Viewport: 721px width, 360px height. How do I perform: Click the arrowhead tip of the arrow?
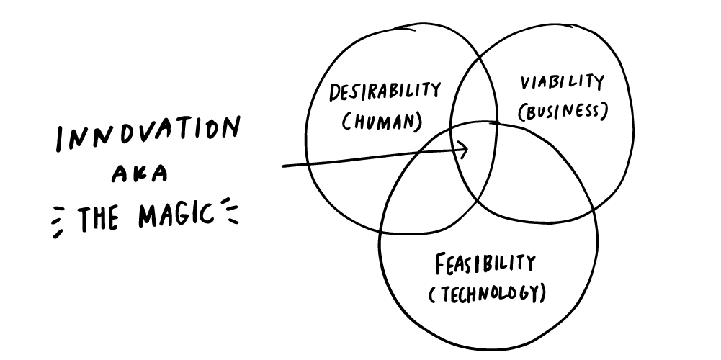coord(468,150)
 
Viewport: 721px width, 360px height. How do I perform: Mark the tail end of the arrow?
coord(284,166)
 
